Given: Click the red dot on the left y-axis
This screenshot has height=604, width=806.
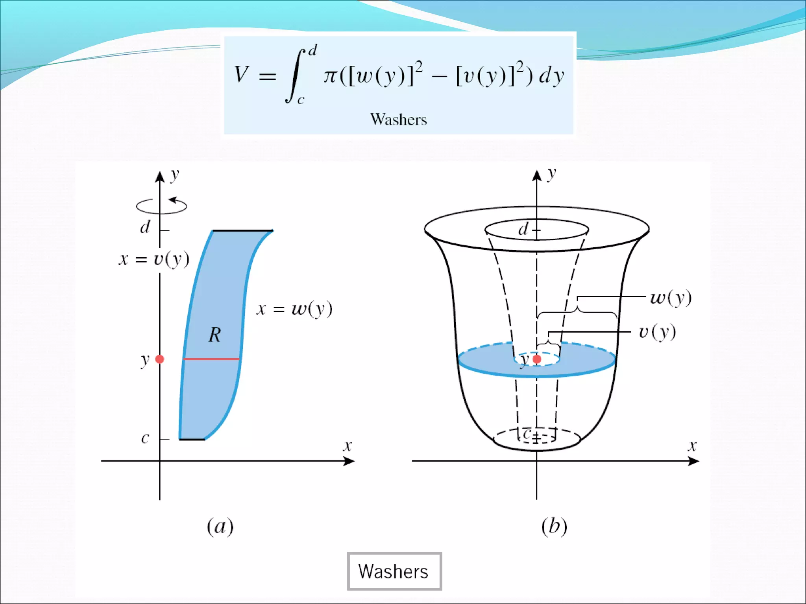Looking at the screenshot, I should (160, 359).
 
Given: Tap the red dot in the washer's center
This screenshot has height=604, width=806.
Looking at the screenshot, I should (537, 359).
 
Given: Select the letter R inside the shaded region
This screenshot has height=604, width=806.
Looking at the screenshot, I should (214, 335).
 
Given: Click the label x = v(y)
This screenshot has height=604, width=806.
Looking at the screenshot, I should (154, 260).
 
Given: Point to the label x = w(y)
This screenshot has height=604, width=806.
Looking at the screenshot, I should (294, 309).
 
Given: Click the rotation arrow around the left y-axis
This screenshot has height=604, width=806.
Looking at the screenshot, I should (161, 206).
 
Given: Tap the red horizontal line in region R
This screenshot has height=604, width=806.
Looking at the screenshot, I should (211, 359).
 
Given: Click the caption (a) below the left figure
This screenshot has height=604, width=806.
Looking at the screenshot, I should (220, 527).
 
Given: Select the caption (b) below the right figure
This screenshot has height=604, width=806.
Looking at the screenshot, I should (554, 527).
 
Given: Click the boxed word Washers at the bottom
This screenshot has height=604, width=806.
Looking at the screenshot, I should (394, 571).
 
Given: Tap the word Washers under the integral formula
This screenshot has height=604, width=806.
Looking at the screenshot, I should (398, 120).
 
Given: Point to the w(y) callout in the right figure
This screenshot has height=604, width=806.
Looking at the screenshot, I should (671, 298).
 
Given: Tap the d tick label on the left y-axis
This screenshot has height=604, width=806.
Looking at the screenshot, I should (145, 227).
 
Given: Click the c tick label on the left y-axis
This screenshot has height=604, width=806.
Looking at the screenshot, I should (145, 438).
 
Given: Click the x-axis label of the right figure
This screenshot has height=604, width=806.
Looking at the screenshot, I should (692, 446).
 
